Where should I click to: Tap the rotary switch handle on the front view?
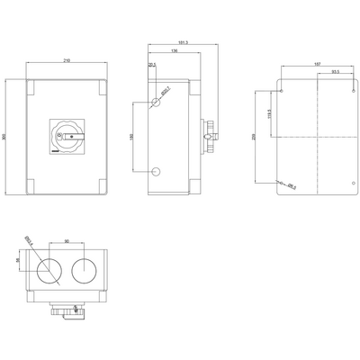pos(67,137)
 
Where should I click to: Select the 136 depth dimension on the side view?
pos(174,52)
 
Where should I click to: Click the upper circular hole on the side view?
pos(157,103)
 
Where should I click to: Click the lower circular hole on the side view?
pos(157,171)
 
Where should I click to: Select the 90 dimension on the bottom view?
pos(67,240)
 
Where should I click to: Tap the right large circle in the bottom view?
pos(87,270)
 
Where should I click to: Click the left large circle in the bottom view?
pos(49,270)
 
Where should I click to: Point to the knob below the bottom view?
pos(67,310)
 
